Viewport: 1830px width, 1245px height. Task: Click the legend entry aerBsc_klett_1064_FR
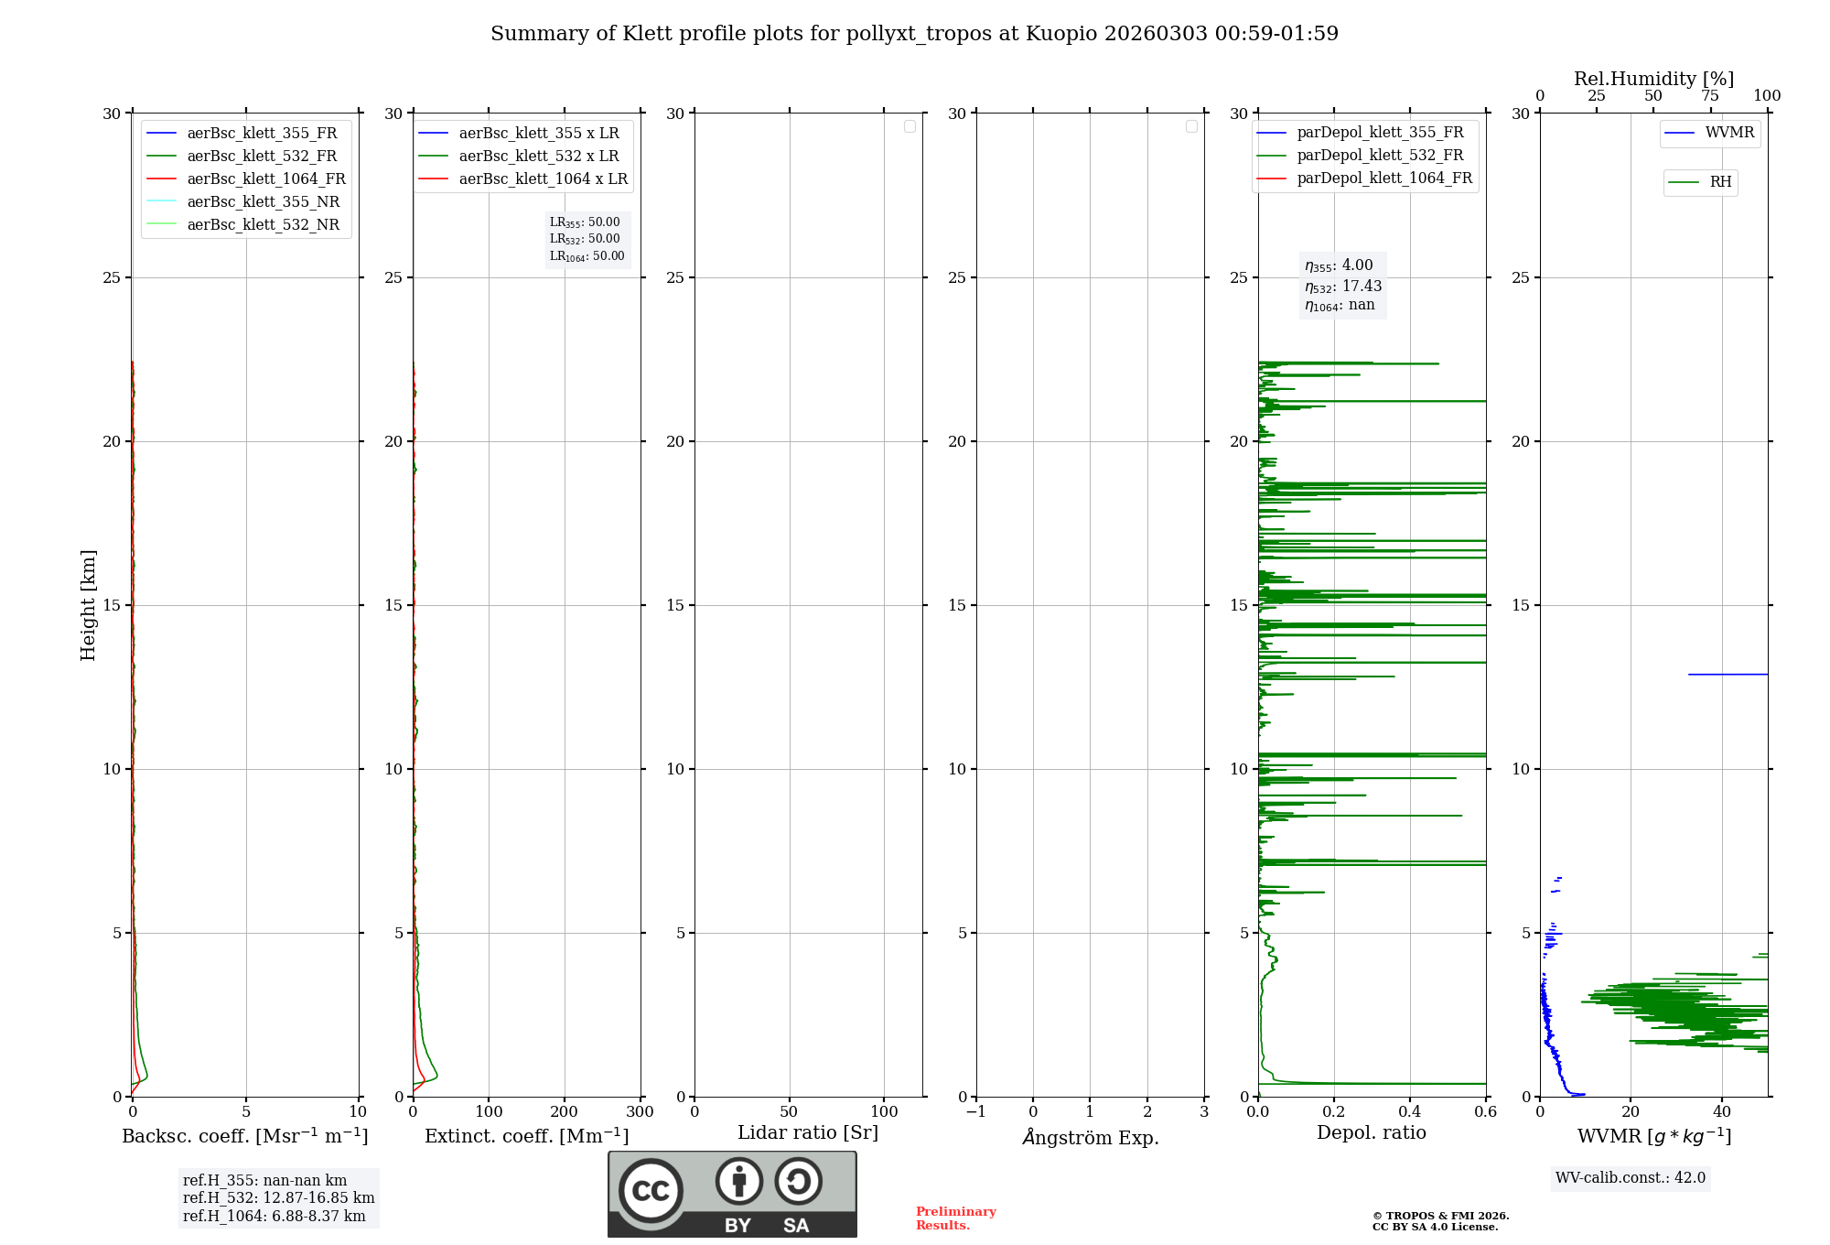[x=265, y=179]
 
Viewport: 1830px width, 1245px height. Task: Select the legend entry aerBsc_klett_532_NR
[x=263, y=225]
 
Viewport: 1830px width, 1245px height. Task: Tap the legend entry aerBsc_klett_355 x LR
[x=538, y=134]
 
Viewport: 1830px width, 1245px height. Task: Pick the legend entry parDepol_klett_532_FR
[x=1380, y=156]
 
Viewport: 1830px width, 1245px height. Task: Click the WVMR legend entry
[x=1728, y=133]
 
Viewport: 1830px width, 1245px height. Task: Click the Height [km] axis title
[x=88, y=605]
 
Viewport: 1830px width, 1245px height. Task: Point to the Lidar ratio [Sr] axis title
[x=808, y=1132]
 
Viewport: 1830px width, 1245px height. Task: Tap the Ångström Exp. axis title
[x=1091, y=1137]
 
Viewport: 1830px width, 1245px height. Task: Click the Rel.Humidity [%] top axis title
[x=1653, y=79]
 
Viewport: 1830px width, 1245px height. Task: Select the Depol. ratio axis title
[x=1371, y=1132]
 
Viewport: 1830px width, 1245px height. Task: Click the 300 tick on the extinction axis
[x=640, y=1112]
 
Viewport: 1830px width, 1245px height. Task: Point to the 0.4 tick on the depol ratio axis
[x=1409, y=1112]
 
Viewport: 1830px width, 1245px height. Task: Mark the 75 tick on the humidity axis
[x=1710, y=96]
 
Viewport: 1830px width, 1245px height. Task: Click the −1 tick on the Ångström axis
[x=975, y=1112]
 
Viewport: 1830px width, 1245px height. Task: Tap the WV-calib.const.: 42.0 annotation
[x=1630, y=1178]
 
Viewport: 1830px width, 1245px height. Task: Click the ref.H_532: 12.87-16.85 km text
[x=278, y=1198]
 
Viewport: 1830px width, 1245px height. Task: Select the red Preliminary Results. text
[x=955, y=1218]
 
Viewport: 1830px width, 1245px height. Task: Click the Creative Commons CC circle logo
[x=651, y=1191]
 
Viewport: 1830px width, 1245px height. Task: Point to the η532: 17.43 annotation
[x=1343, y=287]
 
